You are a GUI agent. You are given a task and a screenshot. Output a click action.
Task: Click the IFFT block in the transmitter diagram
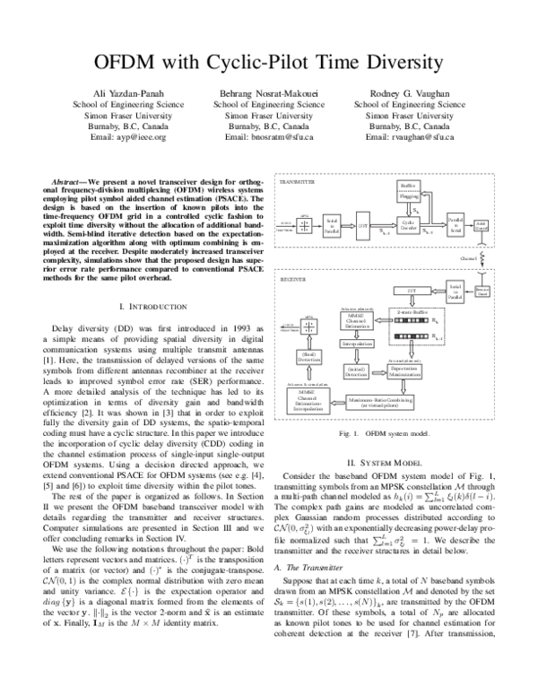click(x=363, y=227)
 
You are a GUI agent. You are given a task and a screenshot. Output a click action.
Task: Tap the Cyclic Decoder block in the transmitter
click(x=408, y=223)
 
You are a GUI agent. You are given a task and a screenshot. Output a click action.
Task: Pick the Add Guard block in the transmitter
click(x=481, y=225)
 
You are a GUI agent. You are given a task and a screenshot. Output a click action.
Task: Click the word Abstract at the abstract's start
click(x=69, y=180)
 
